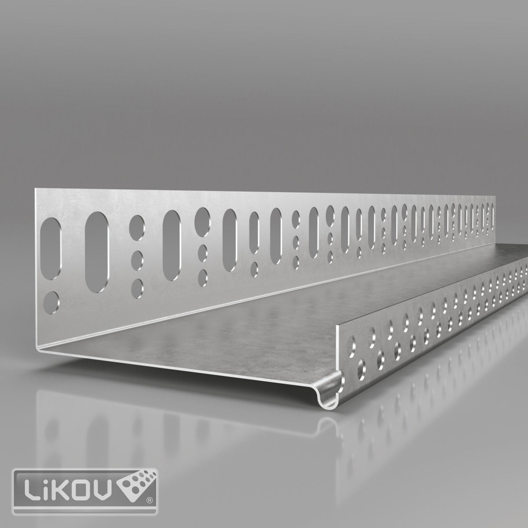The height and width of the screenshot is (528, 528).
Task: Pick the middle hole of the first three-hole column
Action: click(x=137, y=257)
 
